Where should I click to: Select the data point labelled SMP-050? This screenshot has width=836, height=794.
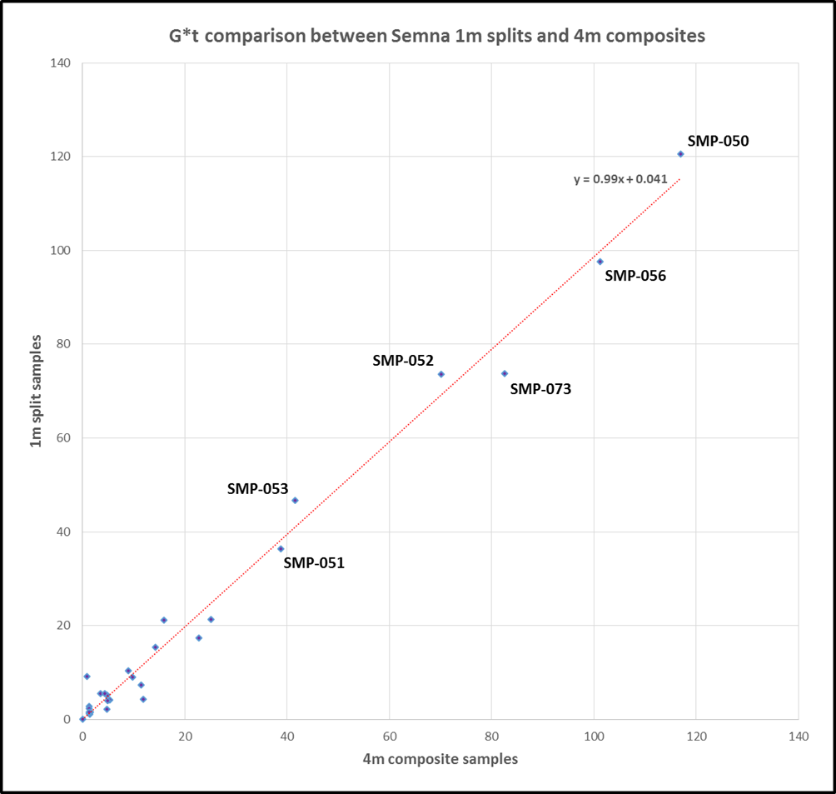[680, 154]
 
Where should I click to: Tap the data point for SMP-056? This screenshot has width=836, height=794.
[600, 262]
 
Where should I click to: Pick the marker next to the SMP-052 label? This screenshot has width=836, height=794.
[441, 374]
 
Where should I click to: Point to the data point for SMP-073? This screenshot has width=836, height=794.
[505, 373]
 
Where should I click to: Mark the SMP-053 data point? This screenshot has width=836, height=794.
[295, 501]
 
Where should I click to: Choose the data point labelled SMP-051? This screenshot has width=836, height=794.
[281, 549]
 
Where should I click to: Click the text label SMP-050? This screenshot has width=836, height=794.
[718, 141]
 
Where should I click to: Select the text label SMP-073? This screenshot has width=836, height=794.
[540, 388]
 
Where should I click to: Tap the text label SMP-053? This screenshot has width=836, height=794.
[257, 489]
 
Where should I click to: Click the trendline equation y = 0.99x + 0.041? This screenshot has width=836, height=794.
[620, 179]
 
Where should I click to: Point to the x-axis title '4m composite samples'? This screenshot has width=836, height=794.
[440, 759]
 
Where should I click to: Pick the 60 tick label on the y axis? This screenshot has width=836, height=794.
[63, 438]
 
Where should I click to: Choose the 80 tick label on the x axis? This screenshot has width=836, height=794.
[491, 737]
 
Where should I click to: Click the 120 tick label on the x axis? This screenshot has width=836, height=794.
[696, 737]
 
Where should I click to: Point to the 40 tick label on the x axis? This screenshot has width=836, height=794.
[286, 737]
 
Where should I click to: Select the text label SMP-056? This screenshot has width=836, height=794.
[635, 276]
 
